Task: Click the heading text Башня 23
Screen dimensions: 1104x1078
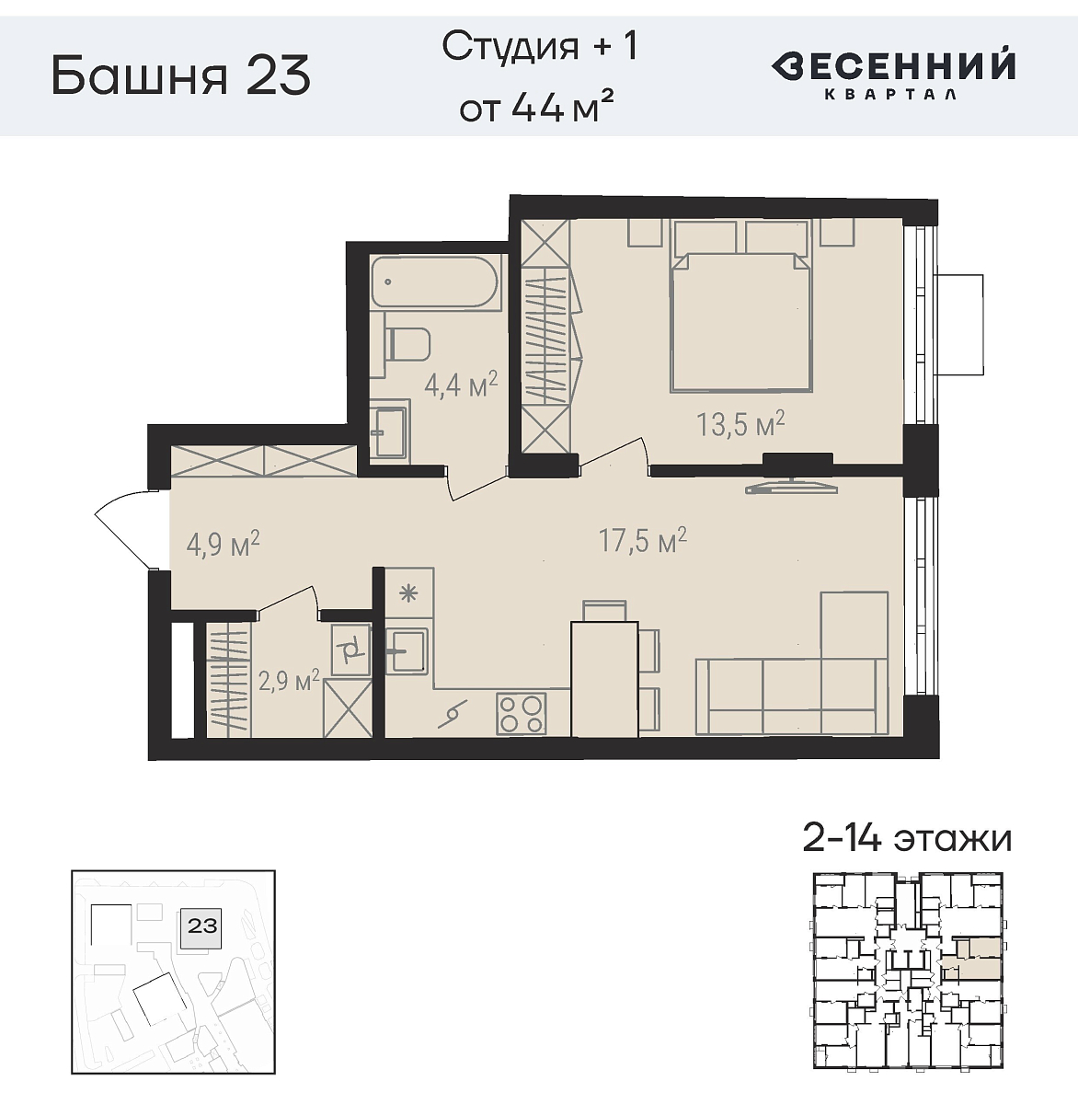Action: [180, 75]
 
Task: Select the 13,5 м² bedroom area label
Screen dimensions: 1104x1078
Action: [740, 424]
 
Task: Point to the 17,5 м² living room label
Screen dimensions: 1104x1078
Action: [643, 540]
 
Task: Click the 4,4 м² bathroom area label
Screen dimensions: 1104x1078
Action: [460, 384]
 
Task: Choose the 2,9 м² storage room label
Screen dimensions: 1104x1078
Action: [288, 681]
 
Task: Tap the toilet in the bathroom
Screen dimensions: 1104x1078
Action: [407, 344]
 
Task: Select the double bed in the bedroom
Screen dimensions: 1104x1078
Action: [741, 317]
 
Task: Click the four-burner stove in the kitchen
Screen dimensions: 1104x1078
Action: [522, 713]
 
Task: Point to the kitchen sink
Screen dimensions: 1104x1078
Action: [405, 650]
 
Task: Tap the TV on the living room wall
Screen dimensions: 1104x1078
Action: [789, 486]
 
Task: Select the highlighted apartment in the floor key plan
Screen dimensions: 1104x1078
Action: [973, 958]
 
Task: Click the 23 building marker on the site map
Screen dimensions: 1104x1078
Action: [201, 926]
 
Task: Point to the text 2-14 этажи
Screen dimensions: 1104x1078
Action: [907, 838]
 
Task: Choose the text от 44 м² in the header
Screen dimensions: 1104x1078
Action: [537, 109]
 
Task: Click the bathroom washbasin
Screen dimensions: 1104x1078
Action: [389, 429]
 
